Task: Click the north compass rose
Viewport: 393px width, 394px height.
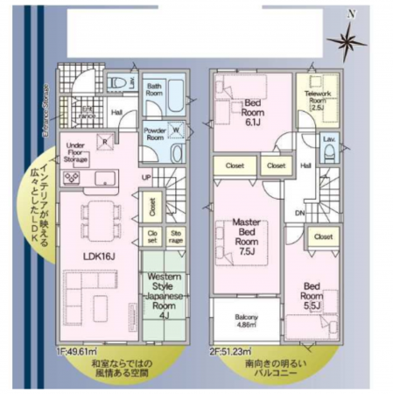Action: [349, 39]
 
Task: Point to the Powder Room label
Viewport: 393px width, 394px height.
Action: [155, 134]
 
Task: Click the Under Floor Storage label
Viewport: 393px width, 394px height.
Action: [74, 154]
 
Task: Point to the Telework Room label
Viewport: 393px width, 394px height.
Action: [316, 96]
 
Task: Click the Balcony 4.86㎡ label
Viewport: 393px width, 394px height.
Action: [246, 320]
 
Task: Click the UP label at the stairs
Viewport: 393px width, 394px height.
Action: [145, 177]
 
